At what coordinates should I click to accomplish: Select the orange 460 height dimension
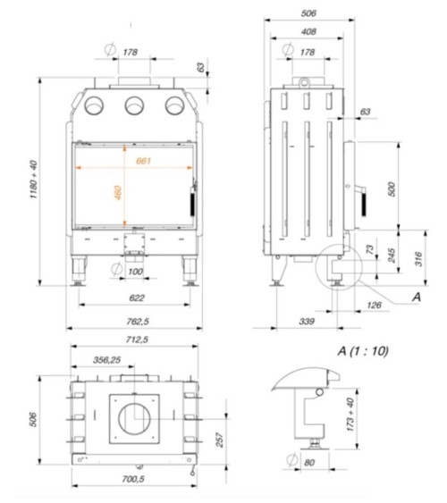(x=118, y=193)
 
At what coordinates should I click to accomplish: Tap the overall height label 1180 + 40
(x=33, y=184)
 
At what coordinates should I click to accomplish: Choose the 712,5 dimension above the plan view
(x=137, y=340)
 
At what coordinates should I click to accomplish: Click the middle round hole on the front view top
(x=135, y=104)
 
